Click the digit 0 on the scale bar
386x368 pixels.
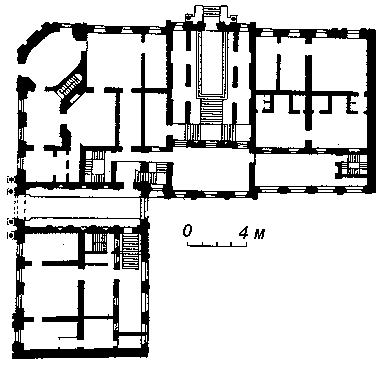pyautogui.click(x=188, y=231)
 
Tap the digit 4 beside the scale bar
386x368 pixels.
pyautogui.click(x=244, y=232)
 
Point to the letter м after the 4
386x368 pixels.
pyautogui.click(x=259, y=234)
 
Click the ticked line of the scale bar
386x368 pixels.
pyautogui.click(x=217, y=244)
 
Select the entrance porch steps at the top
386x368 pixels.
pyautogui.click(x=211, y=12)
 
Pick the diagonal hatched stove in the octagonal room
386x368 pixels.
pyautogui.click(x=70, y=85)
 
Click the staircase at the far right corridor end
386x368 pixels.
pyautogui.click(x=354, y=166)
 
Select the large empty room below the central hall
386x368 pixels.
pyautogui.click(x=211, y=170)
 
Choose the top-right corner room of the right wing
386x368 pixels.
pyautogui.click(x=340, y=63)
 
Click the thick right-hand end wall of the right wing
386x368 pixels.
pyautogui.click(x=372, y=111)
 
